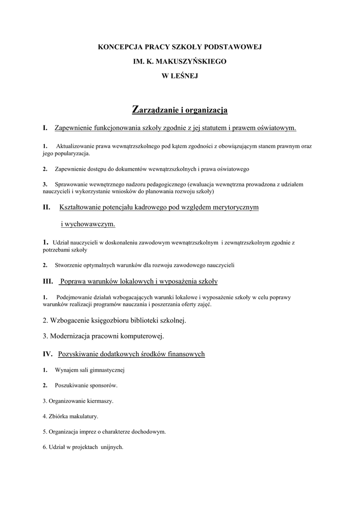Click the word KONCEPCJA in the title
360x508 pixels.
pyautogui.click(x=119, y=47)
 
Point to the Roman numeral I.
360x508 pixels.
pyautogui.click(x=45, y=128)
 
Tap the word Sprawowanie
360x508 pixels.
pyautogui.click(x=72, y=184)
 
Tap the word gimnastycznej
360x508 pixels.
pyautogui.click(x=105, y=370)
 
